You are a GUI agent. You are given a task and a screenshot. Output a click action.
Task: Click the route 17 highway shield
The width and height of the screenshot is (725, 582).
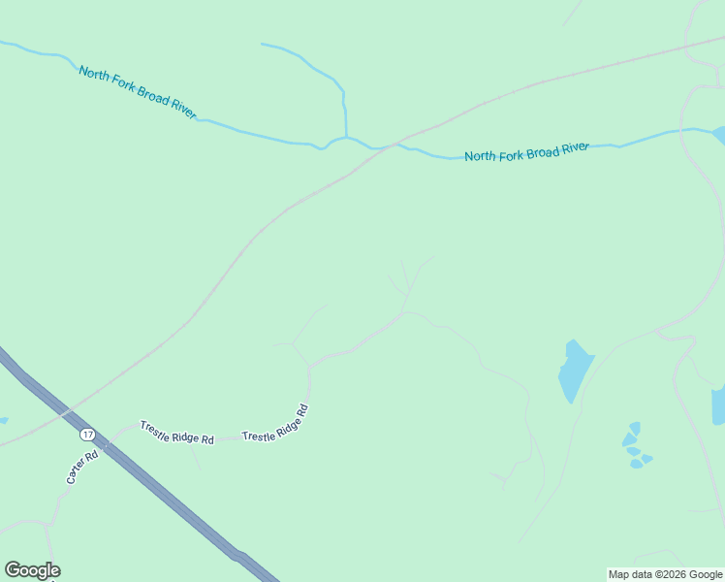pos(88,435)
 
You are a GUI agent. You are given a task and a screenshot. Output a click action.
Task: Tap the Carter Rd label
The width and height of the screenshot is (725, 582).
pos(82,468)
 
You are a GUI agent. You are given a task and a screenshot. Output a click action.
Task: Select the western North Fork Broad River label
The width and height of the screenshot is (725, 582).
pos(138,92)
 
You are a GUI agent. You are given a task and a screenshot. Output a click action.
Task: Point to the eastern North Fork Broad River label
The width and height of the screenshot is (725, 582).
pos(526,151)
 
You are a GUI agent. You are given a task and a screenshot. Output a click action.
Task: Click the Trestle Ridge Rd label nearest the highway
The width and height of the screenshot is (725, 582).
pos(176,433)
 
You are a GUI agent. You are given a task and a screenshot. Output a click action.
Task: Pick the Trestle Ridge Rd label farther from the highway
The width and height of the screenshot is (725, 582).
pos(275,424)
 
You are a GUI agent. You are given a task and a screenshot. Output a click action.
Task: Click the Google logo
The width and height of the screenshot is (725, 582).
pos(32,570)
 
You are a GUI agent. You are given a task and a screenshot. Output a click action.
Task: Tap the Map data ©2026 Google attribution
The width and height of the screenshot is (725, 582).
pos(666,574)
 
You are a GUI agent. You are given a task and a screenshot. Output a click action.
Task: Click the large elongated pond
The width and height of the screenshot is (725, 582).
pos(574,370)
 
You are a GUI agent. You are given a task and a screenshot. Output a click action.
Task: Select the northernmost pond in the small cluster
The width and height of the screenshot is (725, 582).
pos(635,428)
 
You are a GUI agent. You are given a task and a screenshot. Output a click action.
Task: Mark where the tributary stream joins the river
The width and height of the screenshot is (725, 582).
pos(346,138)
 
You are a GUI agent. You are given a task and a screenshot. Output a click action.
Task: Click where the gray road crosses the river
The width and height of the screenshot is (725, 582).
pos(395,145)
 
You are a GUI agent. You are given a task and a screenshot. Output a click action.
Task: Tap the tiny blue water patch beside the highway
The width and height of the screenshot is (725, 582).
pos(3,421)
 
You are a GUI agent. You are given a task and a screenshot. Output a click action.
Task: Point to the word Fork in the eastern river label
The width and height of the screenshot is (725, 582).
pos(511,153)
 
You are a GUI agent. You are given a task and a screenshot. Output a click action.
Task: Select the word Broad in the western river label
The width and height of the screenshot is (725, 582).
pos(151,97)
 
